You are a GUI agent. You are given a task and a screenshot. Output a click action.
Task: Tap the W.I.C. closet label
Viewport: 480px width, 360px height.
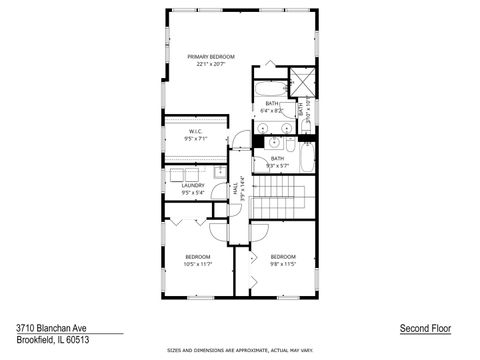coord(196,132)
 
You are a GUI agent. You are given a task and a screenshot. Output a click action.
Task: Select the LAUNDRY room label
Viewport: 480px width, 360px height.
coord(194,186)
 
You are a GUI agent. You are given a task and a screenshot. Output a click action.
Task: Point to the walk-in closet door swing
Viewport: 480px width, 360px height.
coord(237,137)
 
